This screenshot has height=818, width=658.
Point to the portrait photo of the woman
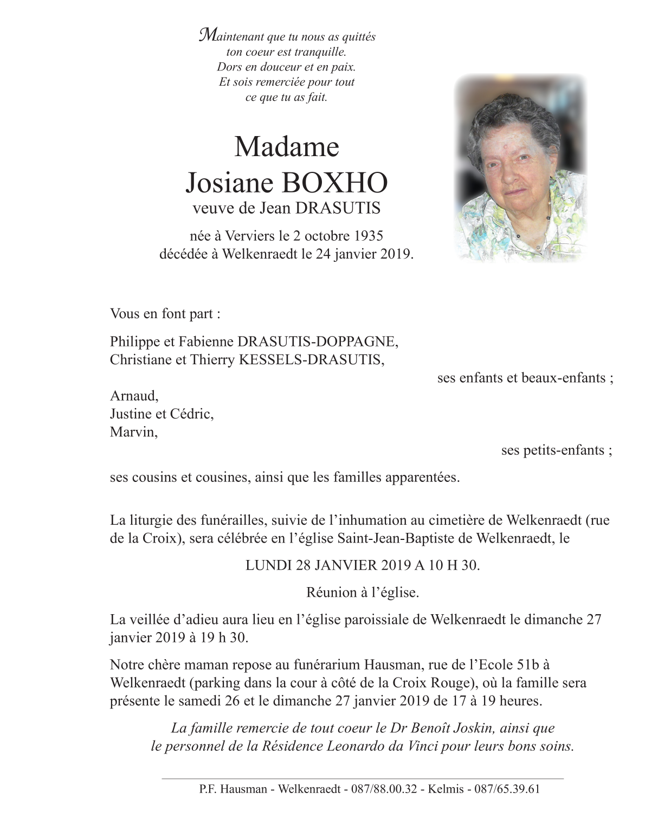coord(520,168)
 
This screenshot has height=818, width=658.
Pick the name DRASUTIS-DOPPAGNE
coord(318,342)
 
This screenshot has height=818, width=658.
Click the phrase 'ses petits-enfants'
coord(553,450)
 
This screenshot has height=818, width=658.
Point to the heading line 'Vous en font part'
coord(165,314)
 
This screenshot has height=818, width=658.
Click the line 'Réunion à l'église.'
coord(363,592)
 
